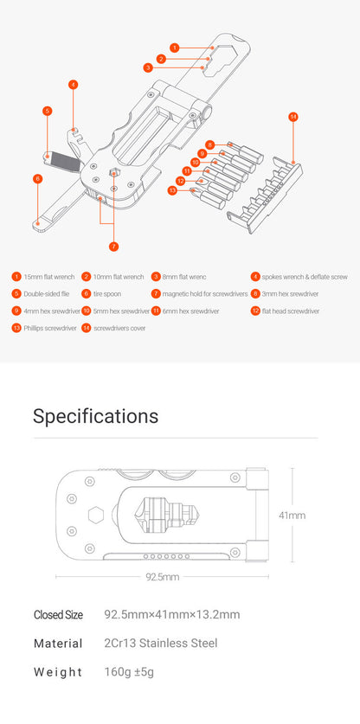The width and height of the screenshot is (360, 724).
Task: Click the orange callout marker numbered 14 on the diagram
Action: [x=293, y=117]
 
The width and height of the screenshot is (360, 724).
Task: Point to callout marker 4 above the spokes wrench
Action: [x=74, y=85]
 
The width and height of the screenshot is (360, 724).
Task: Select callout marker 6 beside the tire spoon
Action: [x=37, y=178]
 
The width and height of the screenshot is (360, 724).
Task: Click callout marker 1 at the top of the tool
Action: [x=174, y=48]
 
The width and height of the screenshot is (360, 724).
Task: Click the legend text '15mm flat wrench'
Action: [x=48, y=277]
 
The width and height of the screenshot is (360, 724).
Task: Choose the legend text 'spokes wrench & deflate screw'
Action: [x=305, y=277]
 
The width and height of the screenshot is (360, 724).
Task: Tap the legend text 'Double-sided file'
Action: [x=47, y=294]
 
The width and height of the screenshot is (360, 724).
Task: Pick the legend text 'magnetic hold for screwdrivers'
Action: [x=205, y=294]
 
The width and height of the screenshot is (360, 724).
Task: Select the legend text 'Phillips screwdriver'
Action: [x=50, y=328]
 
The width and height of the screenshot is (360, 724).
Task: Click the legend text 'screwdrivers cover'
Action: [x=119, y=328]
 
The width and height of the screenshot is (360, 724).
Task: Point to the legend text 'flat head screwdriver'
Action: [x=290, y=311]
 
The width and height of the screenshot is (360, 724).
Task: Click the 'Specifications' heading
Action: [x=95, y=416]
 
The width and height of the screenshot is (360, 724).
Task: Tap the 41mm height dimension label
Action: [x=292, y=516]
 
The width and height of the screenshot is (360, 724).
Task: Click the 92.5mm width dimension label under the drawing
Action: [x=162, y=577]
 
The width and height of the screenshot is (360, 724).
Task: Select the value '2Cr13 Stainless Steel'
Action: [x=161, y=643]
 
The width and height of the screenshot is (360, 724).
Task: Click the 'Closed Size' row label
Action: [x=58, y=615]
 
